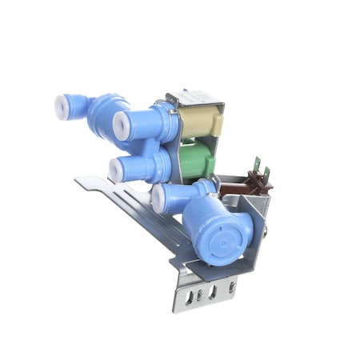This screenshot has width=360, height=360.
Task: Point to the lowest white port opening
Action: coord(158,198)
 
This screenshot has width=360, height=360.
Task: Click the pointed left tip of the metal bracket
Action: coord(78,181)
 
